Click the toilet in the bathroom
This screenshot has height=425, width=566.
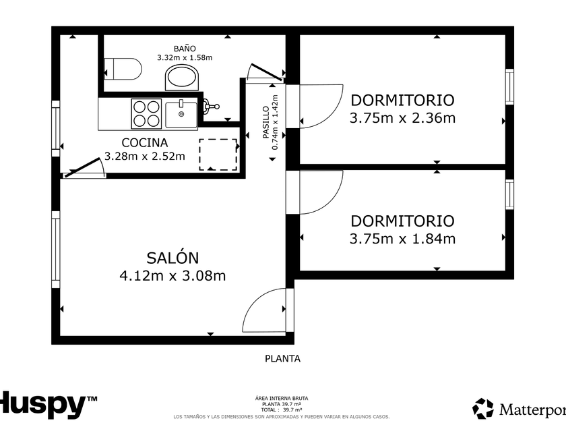(x=123, y=69)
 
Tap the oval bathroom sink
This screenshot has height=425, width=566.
(x=182, y=78)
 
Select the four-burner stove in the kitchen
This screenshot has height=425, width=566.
(x=146, y=113)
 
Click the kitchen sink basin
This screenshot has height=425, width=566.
(x=181, y=115)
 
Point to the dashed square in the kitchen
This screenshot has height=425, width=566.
(x=218, y=154)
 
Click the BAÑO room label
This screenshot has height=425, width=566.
(x=185, y=49)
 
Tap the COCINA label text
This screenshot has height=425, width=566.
(x=145, y=143)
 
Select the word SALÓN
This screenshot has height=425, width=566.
(x=172, y=258)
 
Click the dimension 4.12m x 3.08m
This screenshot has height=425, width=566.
(x=172, y=276)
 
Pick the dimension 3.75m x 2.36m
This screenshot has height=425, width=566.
(x=402, y=118)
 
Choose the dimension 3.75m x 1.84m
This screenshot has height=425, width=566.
(x=402, y=239)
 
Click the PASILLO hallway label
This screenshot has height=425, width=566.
(x=266, y=122)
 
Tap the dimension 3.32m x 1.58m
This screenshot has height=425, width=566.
(x=185, y=57)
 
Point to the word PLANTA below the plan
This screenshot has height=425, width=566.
(x=282, y=358)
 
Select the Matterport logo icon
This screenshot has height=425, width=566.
(x=483, y=408)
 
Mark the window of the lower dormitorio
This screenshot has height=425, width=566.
(x=509, y=194)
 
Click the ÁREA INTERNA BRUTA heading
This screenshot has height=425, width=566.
(x=282, y=398)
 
